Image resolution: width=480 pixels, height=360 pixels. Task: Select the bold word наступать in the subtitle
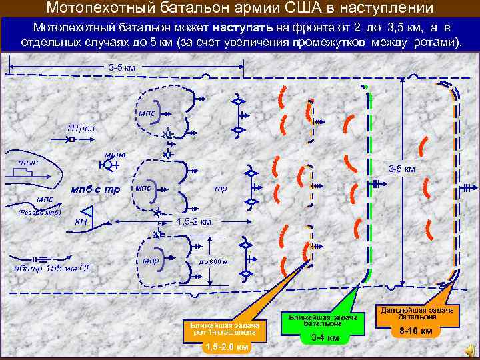pos(243,29)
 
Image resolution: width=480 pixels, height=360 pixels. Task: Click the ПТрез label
pos(81,128)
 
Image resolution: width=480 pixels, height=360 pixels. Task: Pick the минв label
pos(115,155)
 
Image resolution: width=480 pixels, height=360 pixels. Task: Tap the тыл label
pos(29,162)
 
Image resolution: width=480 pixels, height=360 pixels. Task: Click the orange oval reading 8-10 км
pos(415,331)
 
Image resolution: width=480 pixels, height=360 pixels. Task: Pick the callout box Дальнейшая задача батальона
pos(417,313)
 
